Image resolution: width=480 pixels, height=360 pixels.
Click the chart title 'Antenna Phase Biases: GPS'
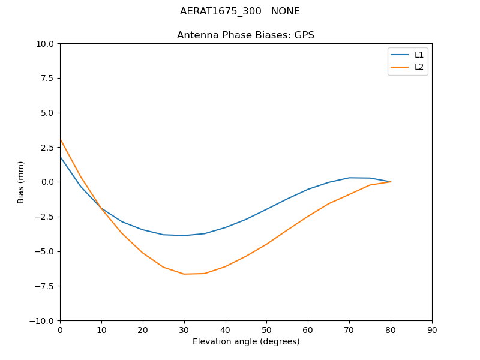pos(245,35)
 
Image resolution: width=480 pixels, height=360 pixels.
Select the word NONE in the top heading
pos(285,11)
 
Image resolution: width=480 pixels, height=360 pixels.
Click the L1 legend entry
pos(419,55)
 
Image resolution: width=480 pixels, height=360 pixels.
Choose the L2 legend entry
pos(419,67)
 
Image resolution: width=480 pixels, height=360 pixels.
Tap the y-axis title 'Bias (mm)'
pos(21,182)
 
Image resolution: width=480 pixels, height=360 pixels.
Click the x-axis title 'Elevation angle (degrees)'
pos(245,342)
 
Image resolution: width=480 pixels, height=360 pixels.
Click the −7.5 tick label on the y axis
pos(43,286)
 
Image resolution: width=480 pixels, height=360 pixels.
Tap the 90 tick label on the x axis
pos(431,330)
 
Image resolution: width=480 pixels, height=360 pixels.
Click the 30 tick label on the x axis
pos(184,330)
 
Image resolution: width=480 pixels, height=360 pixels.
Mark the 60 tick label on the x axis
pos(308,330)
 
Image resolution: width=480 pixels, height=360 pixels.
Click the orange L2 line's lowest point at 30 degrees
pos(184,274)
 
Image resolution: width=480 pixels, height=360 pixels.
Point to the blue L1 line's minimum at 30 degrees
pos(184,235)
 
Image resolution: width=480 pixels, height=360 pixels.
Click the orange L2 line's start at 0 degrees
pos(61,139)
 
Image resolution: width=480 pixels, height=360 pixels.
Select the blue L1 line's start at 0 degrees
pos(61,157)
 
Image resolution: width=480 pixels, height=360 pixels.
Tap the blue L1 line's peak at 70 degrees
pos(349,178)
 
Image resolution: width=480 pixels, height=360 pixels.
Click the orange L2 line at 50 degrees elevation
pos(266,244)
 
